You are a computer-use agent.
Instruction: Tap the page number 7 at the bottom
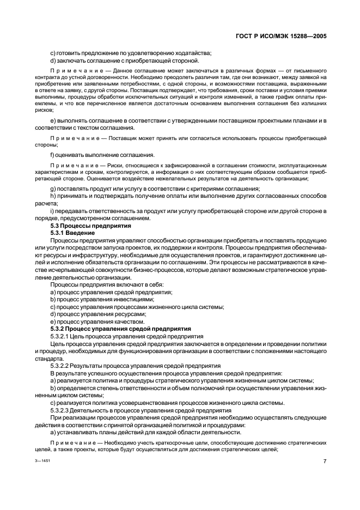(325, 462)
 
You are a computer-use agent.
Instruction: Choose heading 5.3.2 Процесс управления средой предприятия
(120, 329)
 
